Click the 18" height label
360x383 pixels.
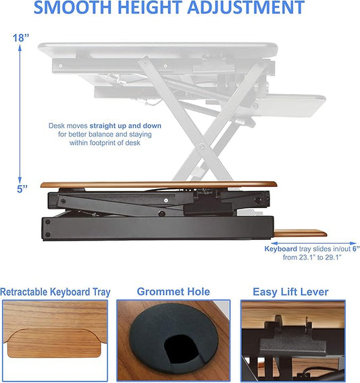tap(21, 39)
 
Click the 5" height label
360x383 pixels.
tap(22, 190)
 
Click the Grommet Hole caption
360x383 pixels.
tap(173, 292)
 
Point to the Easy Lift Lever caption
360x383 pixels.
tap(290, 292)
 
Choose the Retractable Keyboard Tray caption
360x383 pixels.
tap(55, 292)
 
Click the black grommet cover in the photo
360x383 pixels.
tap(174, 338)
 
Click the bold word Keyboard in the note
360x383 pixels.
tap(281, 249)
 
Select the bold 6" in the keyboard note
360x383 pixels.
tap(354, 249)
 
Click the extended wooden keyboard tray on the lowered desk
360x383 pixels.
tap(300, 234)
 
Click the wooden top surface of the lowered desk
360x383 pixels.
tap(159, 184)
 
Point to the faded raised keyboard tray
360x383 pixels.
tap(298, 105)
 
